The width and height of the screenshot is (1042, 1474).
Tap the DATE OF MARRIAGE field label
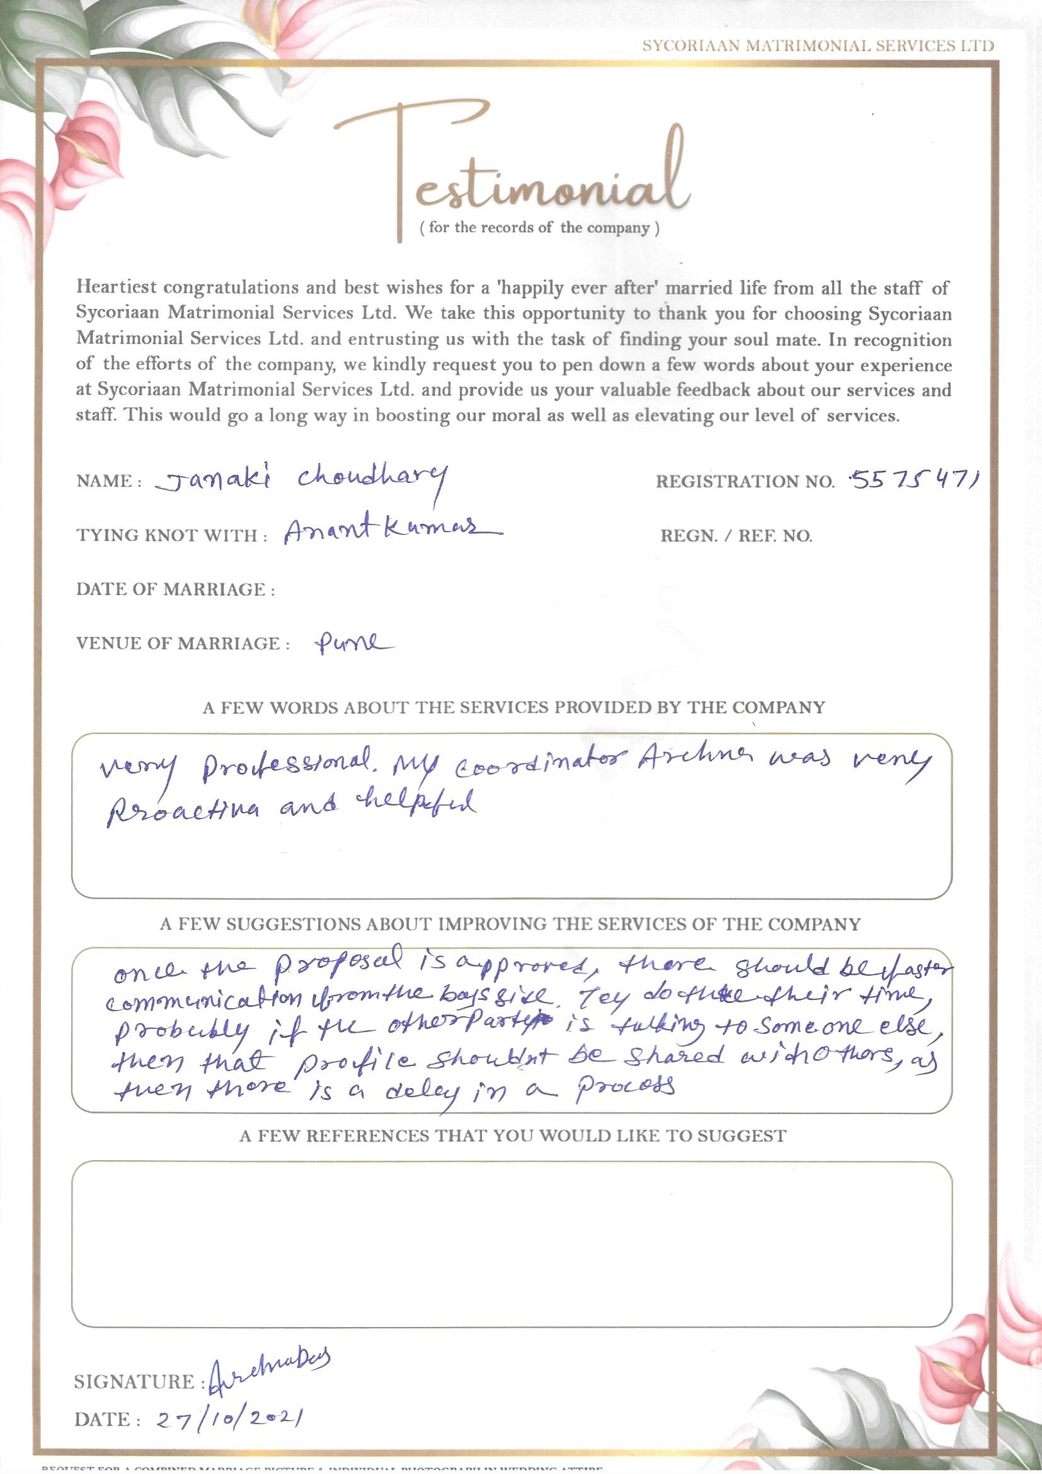tap(175, 590)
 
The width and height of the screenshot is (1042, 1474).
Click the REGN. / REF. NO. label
tap(736, 536)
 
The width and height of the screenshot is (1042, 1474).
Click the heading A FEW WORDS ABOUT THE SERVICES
tap(513, 707)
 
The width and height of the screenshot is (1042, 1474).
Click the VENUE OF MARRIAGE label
tap(178, 644)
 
